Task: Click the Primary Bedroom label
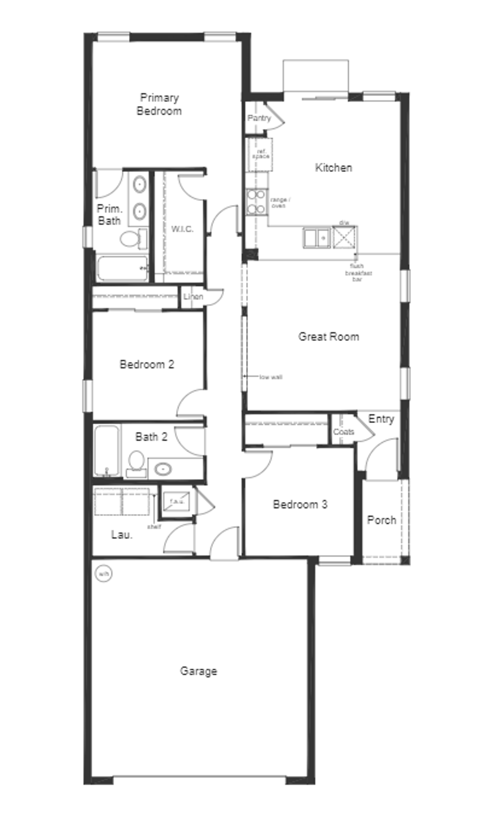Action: (x=159, y=104)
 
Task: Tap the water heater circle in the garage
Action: (x=103, y=573)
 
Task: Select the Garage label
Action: (x=198, y=671)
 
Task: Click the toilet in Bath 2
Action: (x=136, y=462)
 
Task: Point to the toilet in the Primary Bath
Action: (x=131, y=239)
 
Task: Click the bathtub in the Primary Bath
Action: (x=122, y=268)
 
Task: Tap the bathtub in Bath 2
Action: (x=107, y=451)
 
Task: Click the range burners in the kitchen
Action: (x=256, y=202)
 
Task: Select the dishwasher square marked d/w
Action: (x=344, y=237)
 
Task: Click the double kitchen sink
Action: (x=316, y=238)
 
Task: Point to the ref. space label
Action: (x=261, y=154)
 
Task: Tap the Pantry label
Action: (x=259, y=118)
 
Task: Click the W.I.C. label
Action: (x=182, y=229)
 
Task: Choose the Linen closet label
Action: (x=193, y=297)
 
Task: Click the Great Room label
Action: (x=329, y=336)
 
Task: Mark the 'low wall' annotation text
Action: (x=271, y=377)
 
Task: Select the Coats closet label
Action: (x=343, y=432)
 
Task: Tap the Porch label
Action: (x=381, y=520)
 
